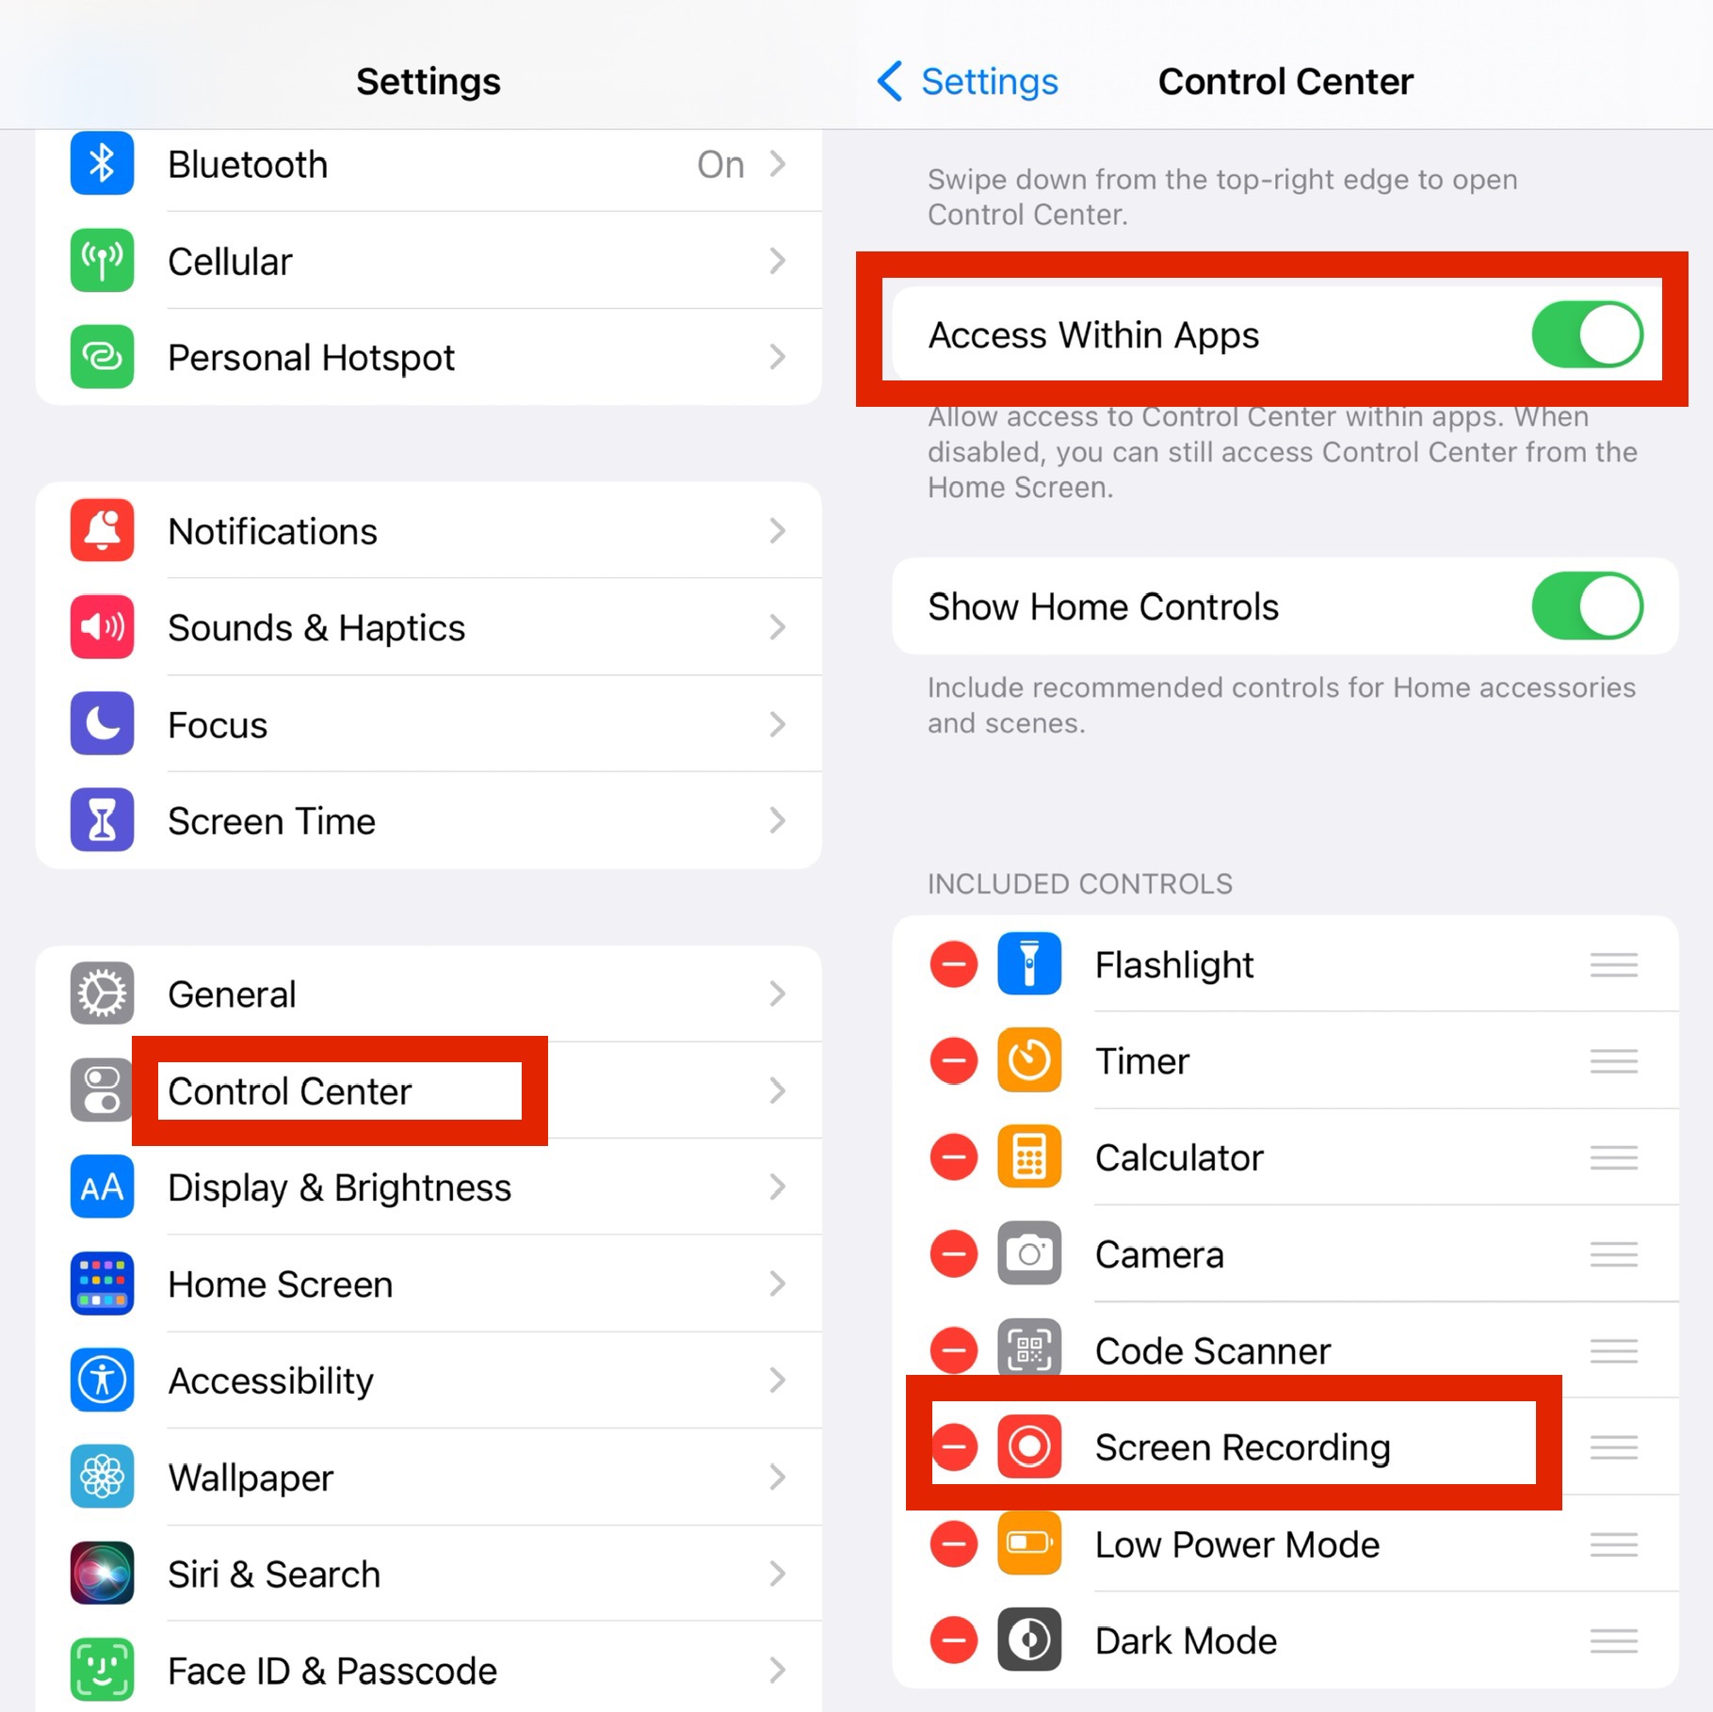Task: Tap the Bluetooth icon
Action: pos(102,164)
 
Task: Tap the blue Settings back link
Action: pos(968,82)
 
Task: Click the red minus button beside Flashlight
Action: pos(953,965)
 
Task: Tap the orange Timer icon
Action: pos(1029,1061)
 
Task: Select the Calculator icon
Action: pos(1029,1157)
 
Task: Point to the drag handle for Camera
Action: pos(1613,1254)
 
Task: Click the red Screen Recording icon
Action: pos(1029,1446)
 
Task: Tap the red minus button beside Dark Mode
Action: pos(953,1640)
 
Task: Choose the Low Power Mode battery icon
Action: pos(1029,1543)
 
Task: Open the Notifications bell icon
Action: pos(102,531)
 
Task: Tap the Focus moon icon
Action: pos(102,724)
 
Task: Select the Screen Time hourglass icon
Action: pos(102,820)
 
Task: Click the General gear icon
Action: pos(102,993)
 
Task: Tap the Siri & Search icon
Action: pos(102,1573)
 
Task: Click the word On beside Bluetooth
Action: pos(720,165)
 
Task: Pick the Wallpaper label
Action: pos(250,1478)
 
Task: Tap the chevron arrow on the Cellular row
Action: pos(777,261)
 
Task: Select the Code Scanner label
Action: pos(1213,1351)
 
